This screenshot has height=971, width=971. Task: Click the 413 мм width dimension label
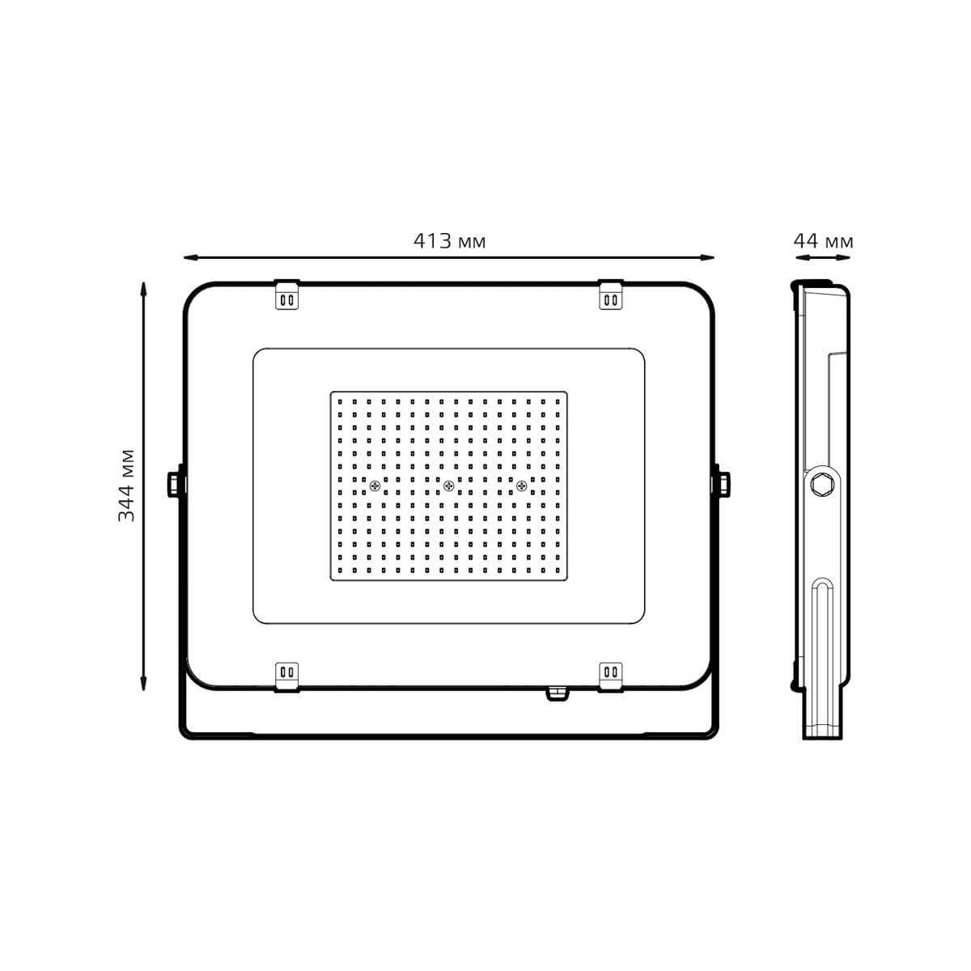point(449,241)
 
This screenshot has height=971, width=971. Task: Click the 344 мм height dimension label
point(127,484)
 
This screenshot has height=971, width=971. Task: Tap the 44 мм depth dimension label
point(823,241)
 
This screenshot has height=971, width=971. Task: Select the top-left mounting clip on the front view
point(286,296)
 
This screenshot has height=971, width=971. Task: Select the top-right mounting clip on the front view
point(611,296)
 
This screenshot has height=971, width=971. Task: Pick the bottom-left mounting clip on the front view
point(286,673)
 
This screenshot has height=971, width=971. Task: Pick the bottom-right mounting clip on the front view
point(611,673)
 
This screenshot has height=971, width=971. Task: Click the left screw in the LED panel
point(375,485)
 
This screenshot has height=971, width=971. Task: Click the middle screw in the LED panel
point(448,485)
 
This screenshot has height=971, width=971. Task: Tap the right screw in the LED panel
point(521,485)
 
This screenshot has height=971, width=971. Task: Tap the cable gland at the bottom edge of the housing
point(556,693)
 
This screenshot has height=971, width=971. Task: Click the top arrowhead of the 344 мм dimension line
point(143,287)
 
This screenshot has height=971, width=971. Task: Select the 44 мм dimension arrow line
point(823,258)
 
